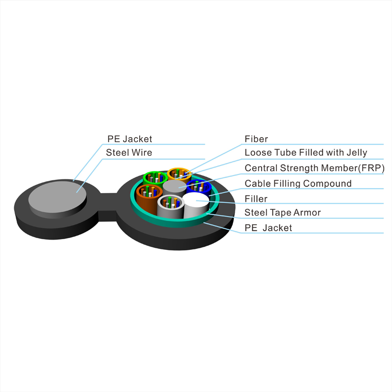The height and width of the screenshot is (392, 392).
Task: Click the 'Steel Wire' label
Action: (x=129, y=152)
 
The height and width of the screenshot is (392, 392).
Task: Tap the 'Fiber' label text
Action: (x=256, y=139)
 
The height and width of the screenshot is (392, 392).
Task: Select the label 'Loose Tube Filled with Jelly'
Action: (x=306, y=153)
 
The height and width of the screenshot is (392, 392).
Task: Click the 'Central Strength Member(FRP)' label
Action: (x=315, y=168)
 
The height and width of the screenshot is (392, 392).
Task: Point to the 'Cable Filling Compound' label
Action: (x=298, y=183)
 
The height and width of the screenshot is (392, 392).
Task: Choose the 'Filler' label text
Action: (x=256, y=199)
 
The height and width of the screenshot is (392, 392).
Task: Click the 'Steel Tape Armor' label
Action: (x=283, y=213)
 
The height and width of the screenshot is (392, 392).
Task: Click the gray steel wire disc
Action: (x=57, y=197)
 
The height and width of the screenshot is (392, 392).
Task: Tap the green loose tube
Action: (x=155, y=177)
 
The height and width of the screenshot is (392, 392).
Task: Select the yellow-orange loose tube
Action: (x=179, y=174)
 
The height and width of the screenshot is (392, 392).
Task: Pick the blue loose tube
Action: (x=199, y=187)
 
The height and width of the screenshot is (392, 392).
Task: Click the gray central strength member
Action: (x=175, y=187)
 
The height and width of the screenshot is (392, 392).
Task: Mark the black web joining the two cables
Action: (x=108, y=207)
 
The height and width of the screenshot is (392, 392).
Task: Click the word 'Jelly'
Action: (x=357, y=153)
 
